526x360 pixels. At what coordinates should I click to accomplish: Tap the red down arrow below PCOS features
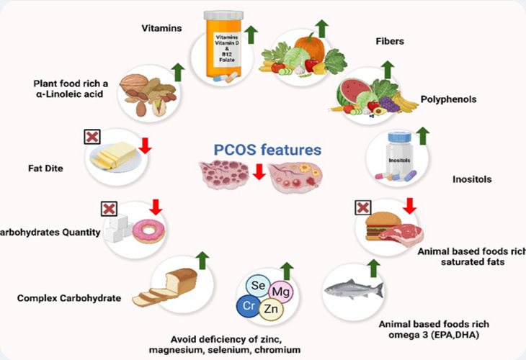(x=258, y=171)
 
